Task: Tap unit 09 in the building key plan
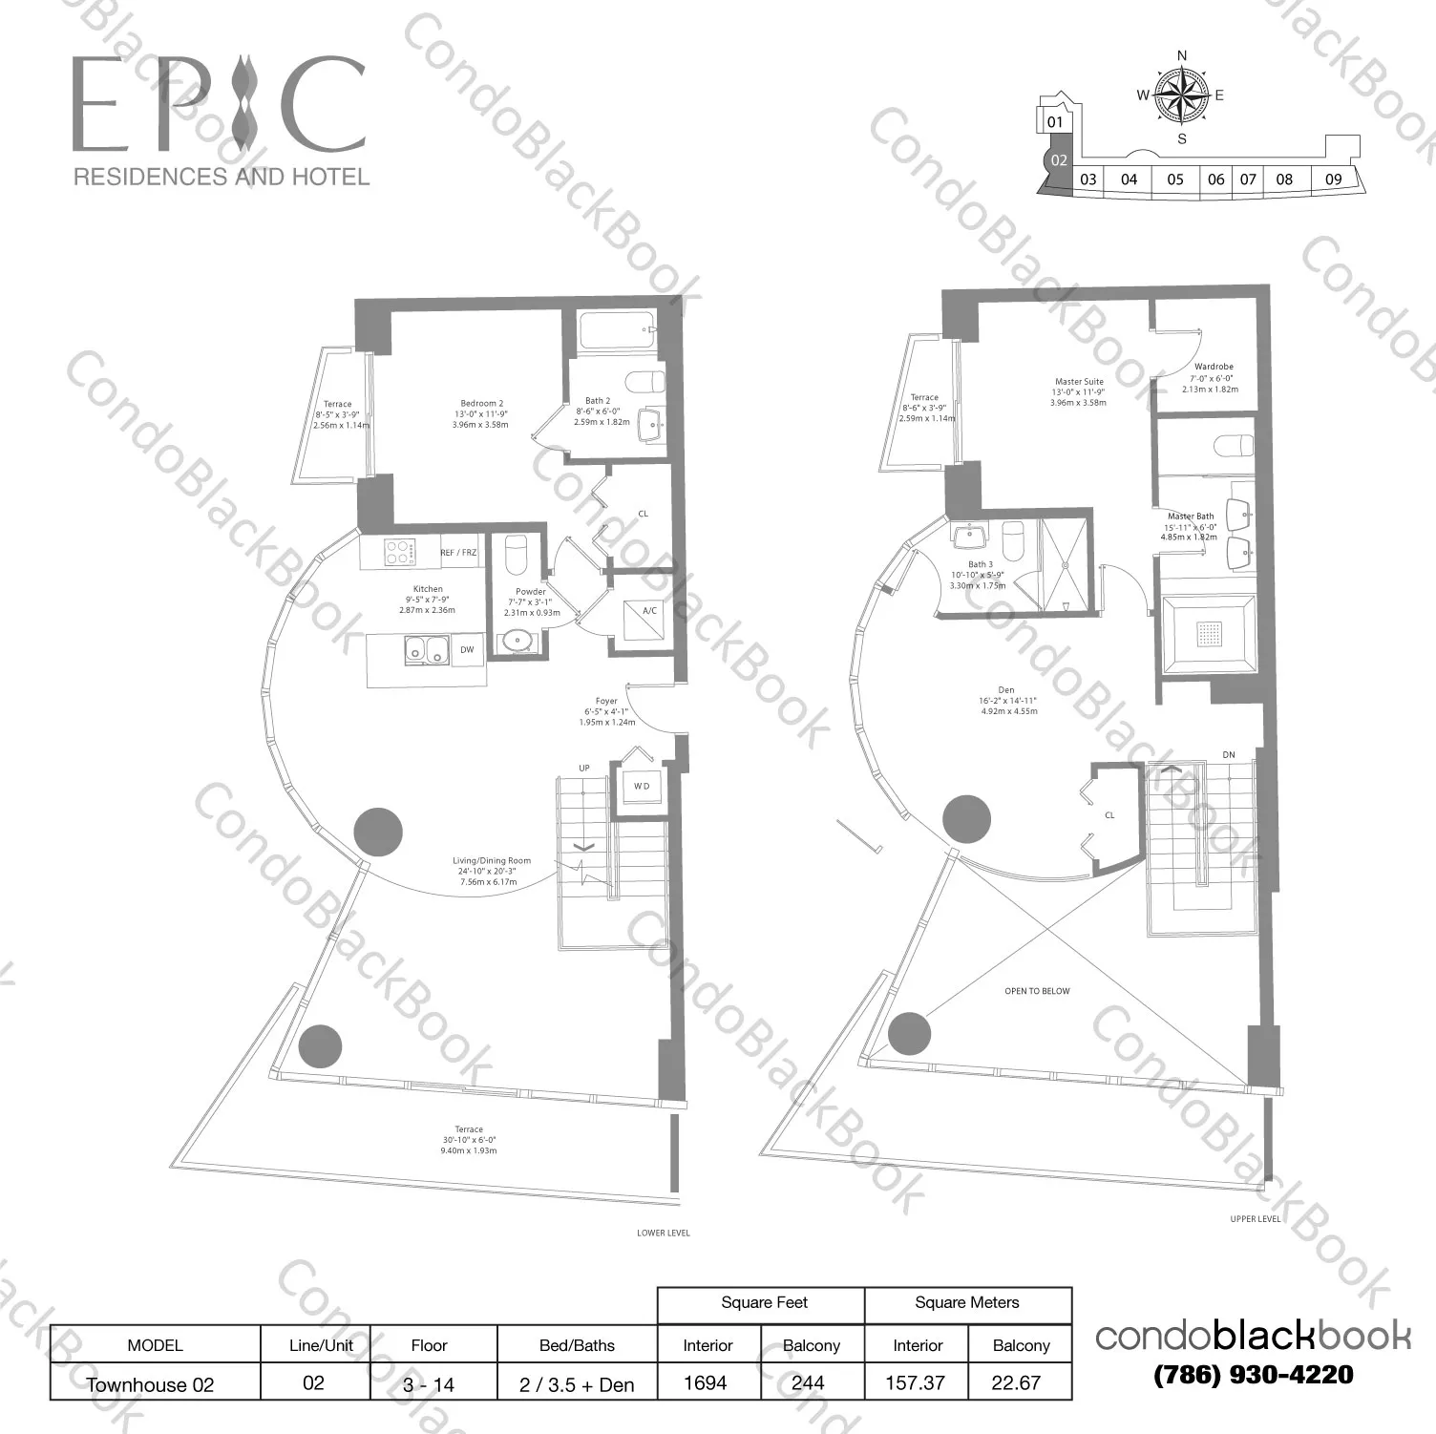(x=1333, y=179)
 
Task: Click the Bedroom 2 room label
(x=480, y=404)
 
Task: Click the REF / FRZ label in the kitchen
(x=458, y=553)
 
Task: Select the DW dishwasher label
(x=467, y=650)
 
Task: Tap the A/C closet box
(x=649, y=611)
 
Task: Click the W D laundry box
(x=641, y=787)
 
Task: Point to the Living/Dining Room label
(x=492, y=861)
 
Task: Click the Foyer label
(x=606, y=702)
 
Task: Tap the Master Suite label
(x=1079, y=382)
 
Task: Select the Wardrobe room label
(x=1214, y=367)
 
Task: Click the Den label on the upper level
(x=1006, y=690)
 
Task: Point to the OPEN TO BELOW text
(x=1037, y=991)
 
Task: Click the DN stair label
(x=1229, y=755)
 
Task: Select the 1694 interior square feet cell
(x=706, y=1382)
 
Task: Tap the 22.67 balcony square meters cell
(x=1016, y=1382)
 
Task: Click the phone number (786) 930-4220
(x=1253, y=1375)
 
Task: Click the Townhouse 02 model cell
(x=150, y=1384)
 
